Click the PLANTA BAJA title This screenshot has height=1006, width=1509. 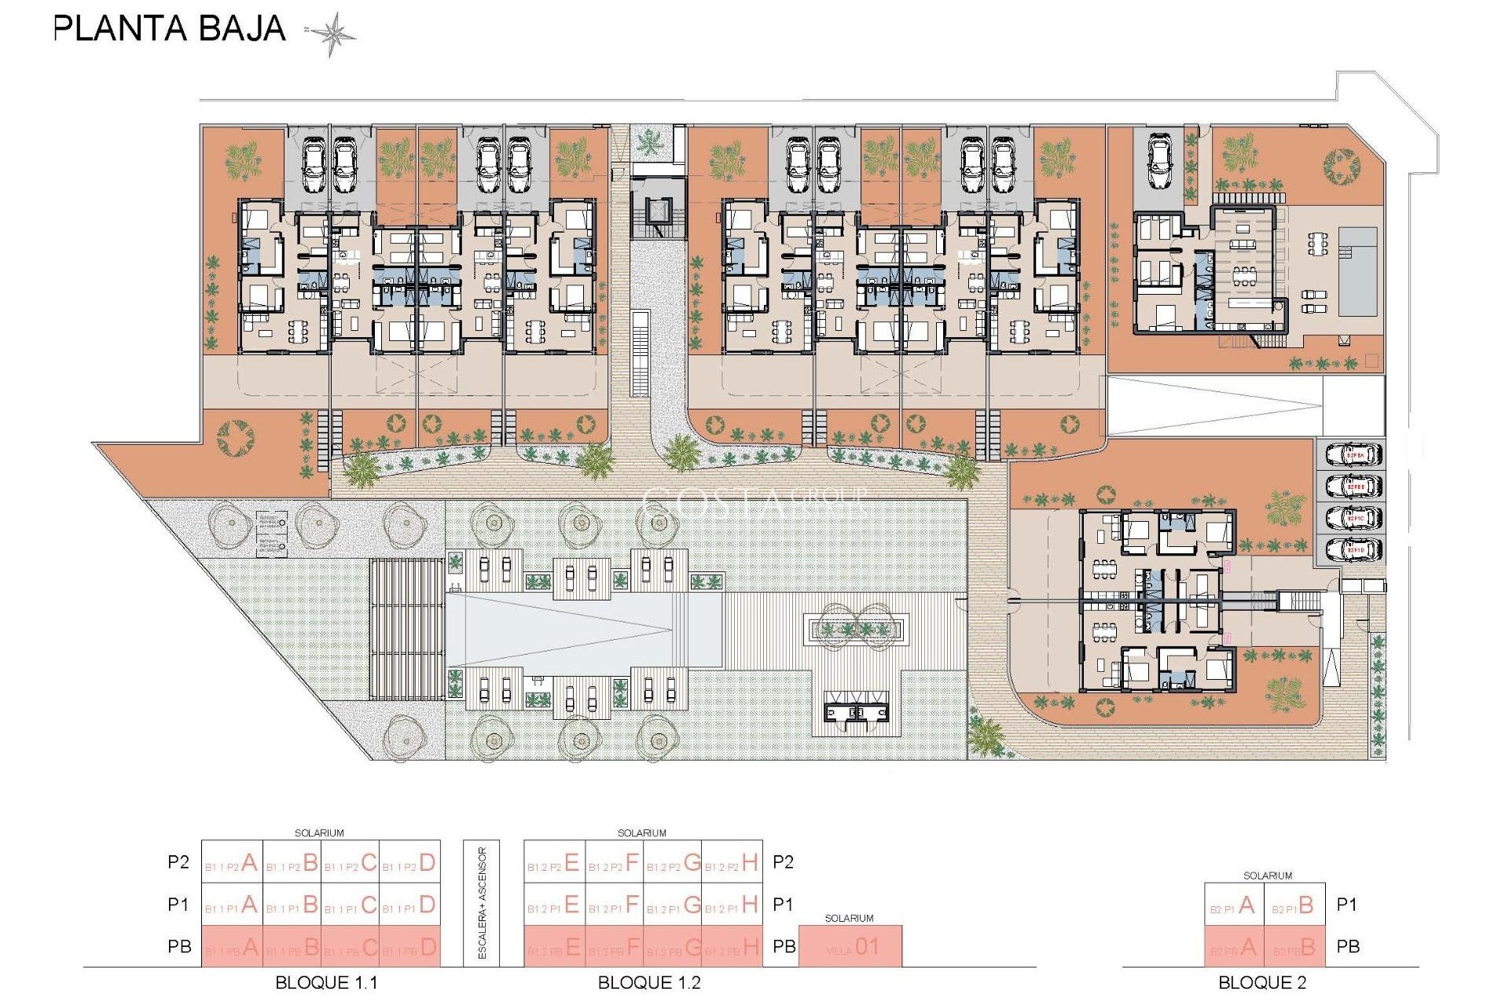click(x=169, y=29)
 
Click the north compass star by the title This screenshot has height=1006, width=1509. click(x=332, y=34)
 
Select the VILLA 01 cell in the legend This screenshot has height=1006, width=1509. click(x=850, y=947)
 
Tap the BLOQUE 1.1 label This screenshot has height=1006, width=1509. click(x=326, y=982)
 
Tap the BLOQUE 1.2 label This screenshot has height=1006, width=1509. click(x=649, y=982)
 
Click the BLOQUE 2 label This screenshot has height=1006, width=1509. click(x=1262, y=982)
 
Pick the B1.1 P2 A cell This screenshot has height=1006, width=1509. click(x=232, y=863)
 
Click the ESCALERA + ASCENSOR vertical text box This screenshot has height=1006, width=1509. click(x=482, y=903)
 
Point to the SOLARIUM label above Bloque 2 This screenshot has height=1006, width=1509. click(x=1267, y=876)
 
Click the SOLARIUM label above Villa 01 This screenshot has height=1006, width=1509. click(x=849, y=918)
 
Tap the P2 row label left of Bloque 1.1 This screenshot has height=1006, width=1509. click(x=178, y=862)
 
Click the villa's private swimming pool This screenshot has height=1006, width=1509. click(x=1357, y=271)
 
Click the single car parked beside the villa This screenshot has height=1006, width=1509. click(x=1159, y=161)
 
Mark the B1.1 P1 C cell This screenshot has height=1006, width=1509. click(x=351, y=905)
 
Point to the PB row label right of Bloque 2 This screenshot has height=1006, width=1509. click(x=1348, y=947)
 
